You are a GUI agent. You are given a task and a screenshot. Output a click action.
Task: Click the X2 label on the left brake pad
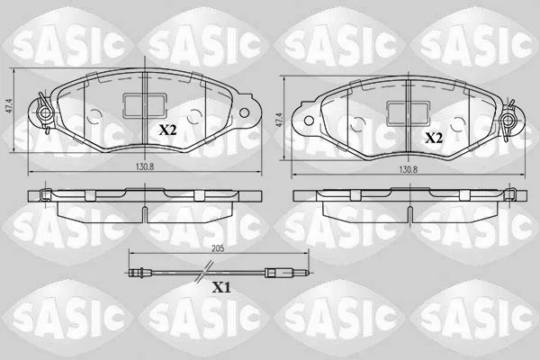pyautogui.click(x=167, y=130)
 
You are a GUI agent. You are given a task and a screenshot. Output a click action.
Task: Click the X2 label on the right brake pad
pyautogui.click(x=434, y=138)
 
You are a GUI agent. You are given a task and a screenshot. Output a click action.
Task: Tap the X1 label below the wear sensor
pyautogui.click(x=221, y=287)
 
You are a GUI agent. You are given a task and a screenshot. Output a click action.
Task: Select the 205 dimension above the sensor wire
pyautogui.click(x=218, y=248)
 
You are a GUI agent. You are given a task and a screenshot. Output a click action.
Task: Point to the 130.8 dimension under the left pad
pyautogui.click(x=145, y=166)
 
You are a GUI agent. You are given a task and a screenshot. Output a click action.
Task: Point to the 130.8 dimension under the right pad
pyautogui.click(x=408, y=169)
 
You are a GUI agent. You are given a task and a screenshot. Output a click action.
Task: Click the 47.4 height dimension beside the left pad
pyautogui.click(x=10, y=107)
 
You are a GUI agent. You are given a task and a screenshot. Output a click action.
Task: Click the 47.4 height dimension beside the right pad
pyautogui.click(x=279, y=121)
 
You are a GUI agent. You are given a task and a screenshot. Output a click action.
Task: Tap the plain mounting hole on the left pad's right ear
pyautogui.click(x=244, y=112)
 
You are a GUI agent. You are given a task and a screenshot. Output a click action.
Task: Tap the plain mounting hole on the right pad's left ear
pyautogui.click(x=309, y=121)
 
